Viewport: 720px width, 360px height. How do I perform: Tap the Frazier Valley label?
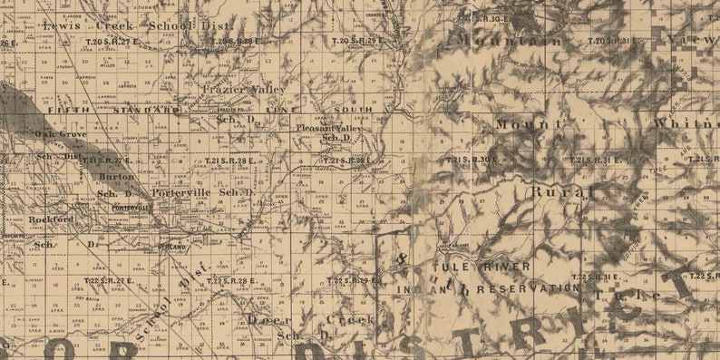(243, 90)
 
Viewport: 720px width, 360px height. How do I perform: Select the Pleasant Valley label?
(329, 129)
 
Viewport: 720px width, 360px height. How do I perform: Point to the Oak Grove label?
(61, 134)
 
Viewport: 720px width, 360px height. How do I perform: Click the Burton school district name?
(117, 176)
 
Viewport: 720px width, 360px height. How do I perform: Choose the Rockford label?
(51, 219)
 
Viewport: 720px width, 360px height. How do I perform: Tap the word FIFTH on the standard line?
(70, 109)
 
